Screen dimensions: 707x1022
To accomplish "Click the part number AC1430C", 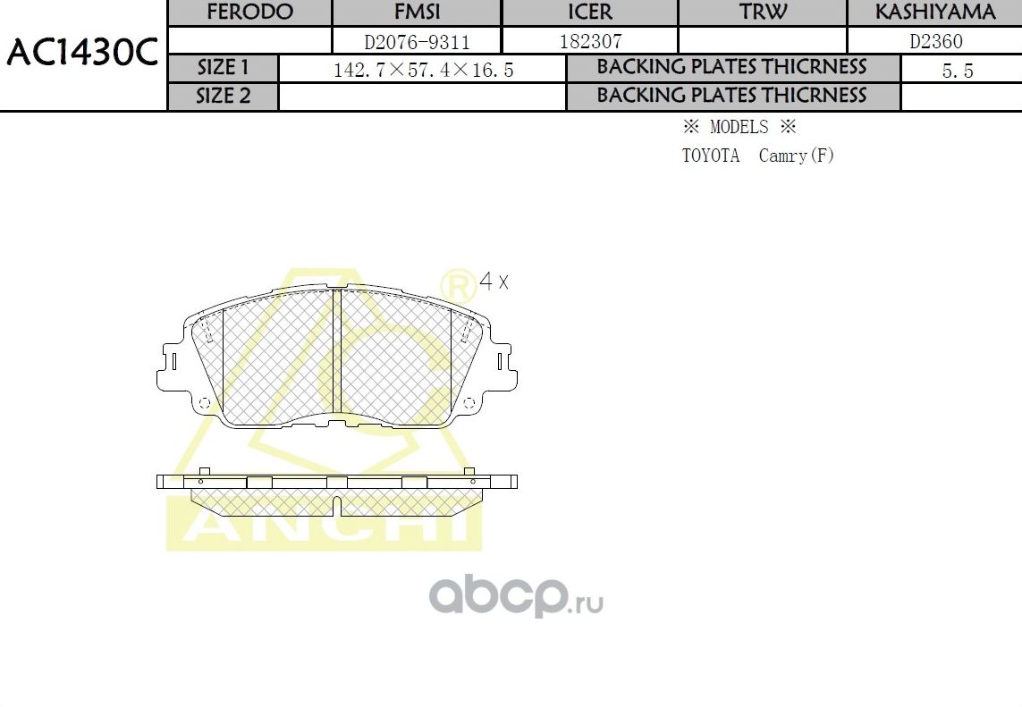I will pyautogui.click(x=82, y=55).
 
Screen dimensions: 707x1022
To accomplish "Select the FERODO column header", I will pyautogui.click(x=249, y=13).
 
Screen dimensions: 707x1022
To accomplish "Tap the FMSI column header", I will pyautogui.click(x=417, y=13).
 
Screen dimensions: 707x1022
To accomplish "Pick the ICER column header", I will pyautogui.click(x=590, y=13).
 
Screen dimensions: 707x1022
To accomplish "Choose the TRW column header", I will pyautogui.click(x=763, y=13).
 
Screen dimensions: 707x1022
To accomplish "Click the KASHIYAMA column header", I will pyautogui.click(x=934, y=13).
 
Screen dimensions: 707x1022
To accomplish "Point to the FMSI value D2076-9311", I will pyautogui.click(x=417, y=41).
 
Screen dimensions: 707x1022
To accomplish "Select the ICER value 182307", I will pyautogui.click(x=590, y=41).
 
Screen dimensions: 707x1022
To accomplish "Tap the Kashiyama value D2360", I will pyautogui.click(x=935, y=41).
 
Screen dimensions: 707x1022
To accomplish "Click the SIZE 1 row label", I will pyautogui.click(x=224, y=68).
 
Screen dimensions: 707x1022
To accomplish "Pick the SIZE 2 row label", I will pyautogui.click(x=224, y=97).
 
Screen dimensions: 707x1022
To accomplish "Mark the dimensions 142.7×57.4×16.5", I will pyautogui.click(x=423, y=70).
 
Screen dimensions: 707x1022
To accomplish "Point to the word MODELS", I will pyautogui.click(x=739, y=127).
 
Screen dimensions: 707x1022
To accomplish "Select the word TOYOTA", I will pyautogui.click(x=711, y=156).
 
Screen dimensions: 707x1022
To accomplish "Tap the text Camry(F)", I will pyautogui.click(x=796, y=156).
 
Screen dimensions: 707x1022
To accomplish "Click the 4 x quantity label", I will pyautogui.click(x=494, y=282).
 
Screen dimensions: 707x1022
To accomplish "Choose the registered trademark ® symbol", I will pyautogui.click(x=458, y=285).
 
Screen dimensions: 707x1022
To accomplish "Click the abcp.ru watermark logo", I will pyautogui.click(x=516, y=596).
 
